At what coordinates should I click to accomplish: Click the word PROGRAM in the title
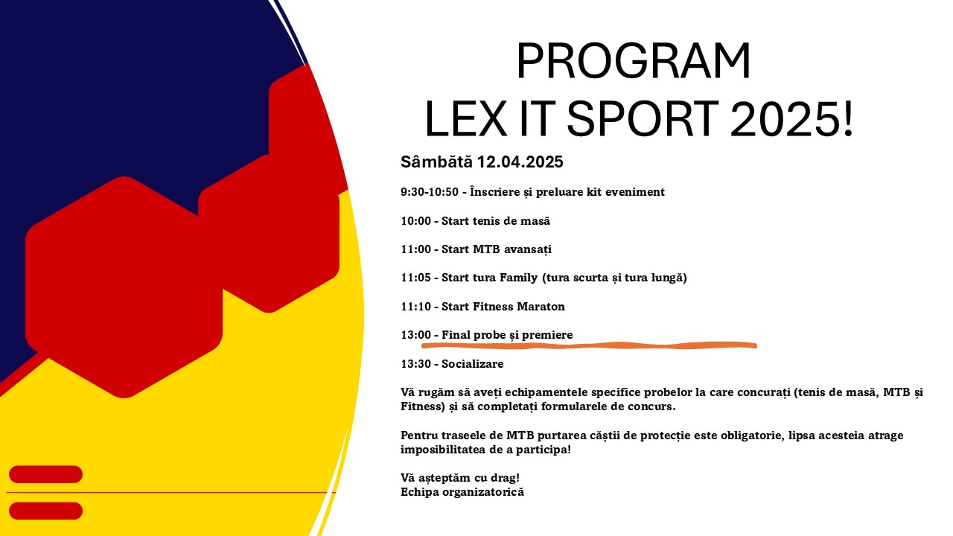point(633,61)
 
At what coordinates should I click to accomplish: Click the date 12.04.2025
point(520,162)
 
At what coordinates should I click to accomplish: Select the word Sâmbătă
point(436,162)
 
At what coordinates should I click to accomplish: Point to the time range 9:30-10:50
point(430,192)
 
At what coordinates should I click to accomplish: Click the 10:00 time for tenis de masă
point(415,221)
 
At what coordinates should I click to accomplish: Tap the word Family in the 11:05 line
point(518,278)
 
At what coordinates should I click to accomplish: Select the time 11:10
point(415,306)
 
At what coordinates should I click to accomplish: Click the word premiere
point(547,335)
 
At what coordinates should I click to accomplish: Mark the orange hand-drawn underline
point(589,345)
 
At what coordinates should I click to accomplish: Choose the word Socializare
point(472,364)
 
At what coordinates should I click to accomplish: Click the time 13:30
point(415,364)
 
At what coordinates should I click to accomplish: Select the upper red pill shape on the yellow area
point(45,474)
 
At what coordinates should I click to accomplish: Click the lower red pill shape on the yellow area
point(45,511)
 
